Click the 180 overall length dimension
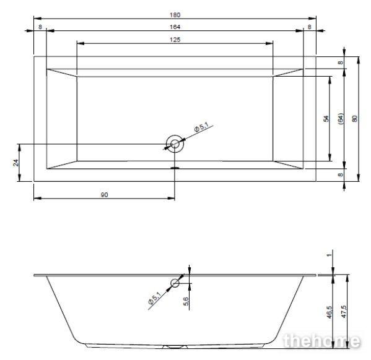tap(175, 15)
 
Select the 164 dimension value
tap(175, 27)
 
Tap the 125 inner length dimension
tap(175, 40)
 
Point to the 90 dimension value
tap(104, 195)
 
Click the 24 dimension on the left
tap(15, 163)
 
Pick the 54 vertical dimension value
tap(326, 118)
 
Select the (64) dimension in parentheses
tap(340, 119)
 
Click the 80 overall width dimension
tap(355, 118)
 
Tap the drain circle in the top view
tap(175, 144)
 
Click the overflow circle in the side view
tap(175, 283)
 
